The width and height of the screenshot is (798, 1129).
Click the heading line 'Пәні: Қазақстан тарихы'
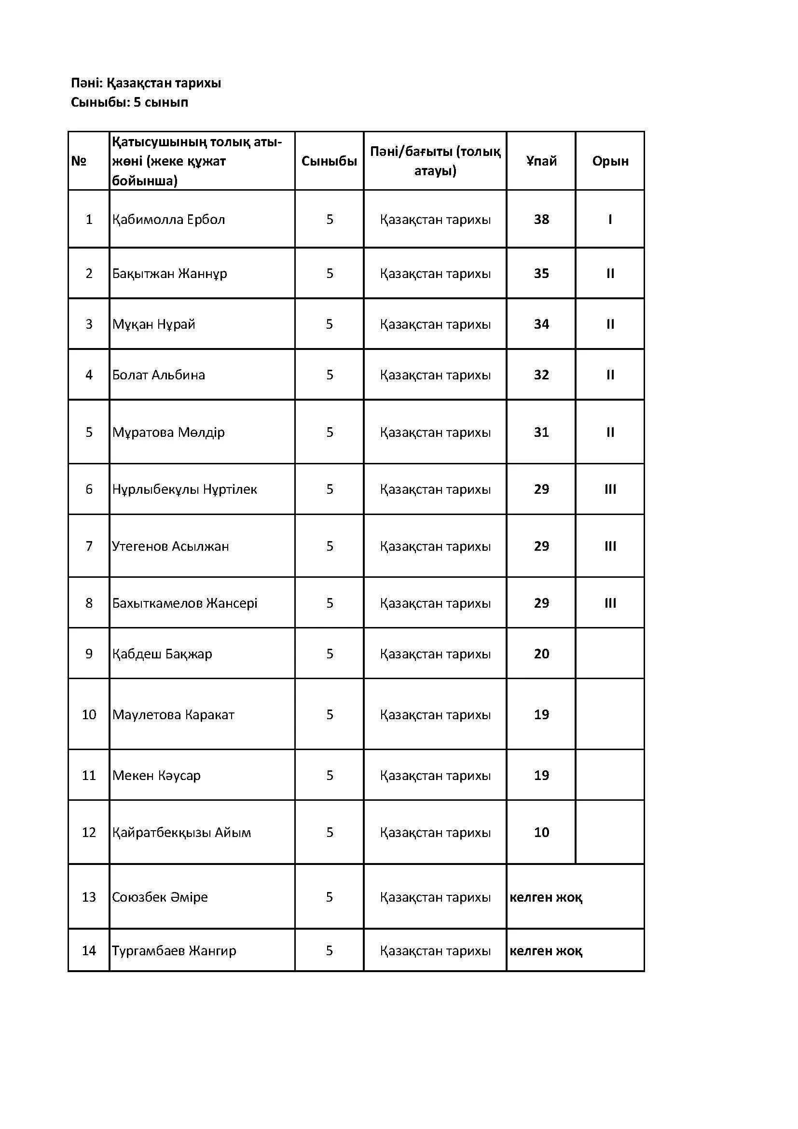[146, 83]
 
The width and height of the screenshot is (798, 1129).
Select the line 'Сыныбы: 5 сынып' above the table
[129, 102]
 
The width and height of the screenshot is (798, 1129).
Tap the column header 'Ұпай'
[541, 161]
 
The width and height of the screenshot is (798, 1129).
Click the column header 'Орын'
[610, 161]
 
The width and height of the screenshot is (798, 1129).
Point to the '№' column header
[79, 161]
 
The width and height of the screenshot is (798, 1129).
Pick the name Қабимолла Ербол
[168, 219]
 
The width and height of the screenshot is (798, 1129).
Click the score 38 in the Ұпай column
[541, 219]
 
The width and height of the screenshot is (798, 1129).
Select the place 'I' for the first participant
[610, 219]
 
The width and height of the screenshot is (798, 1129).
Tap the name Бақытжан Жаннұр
[169, 273]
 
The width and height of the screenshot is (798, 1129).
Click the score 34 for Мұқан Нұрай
[541, 324]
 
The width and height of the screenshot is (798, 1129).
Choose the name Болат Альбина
[158, 375]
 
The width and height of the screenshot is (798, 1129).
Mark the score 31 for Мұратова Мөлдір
[541, 432]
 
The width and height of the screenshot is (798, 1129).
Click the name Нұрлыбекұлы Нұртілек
[184, 489]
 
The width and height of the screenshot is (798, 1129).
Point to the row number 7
[89, 546]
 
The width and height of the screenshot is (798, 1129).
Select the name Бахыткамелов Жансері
[184, 603]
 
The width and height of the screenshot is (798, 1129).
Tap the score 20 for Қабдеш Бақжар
[541, 654]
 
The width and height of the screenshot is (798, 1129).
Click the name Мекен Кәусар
[156, 776]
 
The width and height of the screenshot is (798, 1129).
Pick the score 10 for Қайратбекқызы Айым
[541, 833]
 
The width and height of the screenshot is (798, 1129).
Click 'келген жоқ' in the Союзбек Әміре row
[546, 897]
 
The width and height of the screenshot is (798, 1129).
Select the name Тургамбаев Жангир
[174, 951]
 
